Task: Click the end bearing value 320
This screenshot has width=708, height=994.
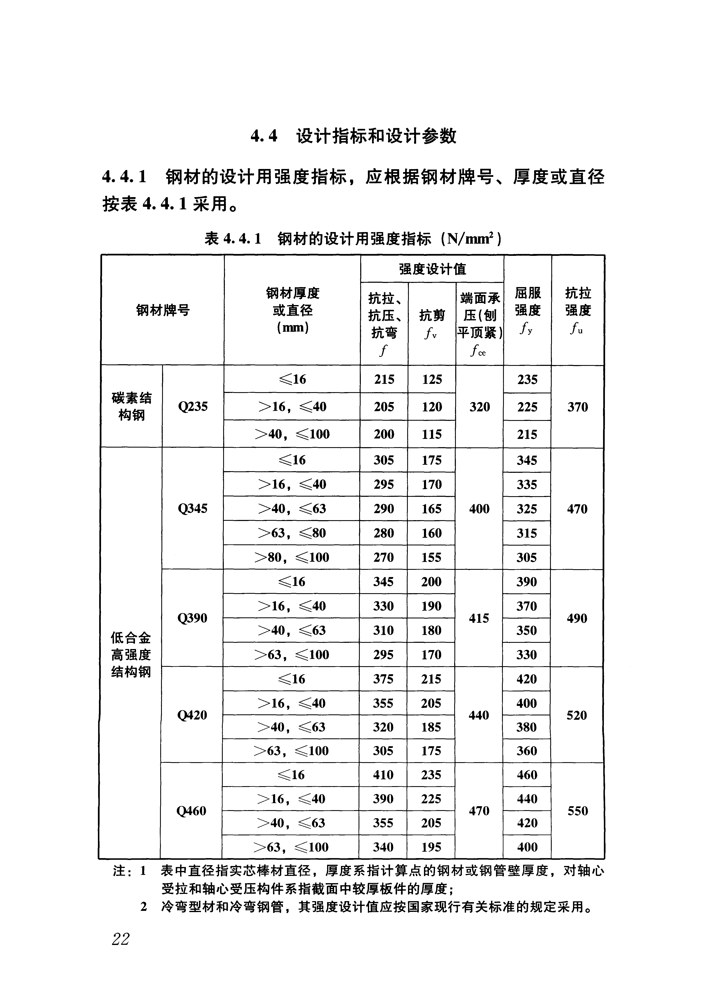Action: click(480, 407)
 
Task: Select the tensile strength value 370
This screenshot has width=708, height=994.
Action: click(578, 407)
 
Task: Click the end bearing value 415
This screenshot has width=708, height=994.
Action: click(479, 618)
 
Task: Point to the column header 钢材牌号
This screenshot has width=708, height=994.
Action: click(163, 311)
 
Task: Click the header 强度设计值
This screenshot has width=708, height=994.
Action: click(432, 269)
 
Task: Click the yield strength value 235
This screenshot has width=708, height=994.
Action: click(527, 379)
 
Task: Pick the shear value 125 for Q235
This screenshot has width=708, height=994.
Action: click(432, 379)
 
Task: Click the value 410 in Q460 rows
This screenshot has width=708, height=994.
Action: click(383, 775)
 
